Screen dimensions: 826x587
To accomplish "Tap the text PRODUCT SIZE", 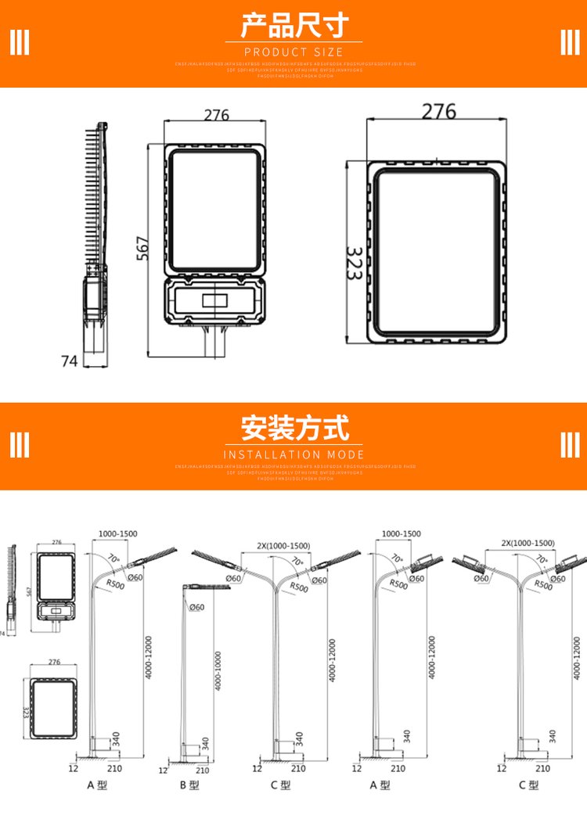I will (293, 52).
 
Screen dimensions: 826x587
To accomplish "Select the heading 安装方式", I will (293, 428).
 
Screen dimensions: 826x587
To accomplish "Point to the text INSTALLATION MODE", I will (293, 454).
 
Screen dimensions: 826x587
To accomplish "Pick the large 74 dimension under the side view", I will (70, 361).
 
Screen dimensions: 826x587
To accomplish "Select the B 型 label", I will (189, 785).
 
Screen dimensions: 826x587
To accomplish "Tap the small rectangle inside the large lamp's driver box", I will (214, 300).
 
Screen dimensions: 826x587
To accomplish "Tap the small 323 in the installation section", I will (26, 712).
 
